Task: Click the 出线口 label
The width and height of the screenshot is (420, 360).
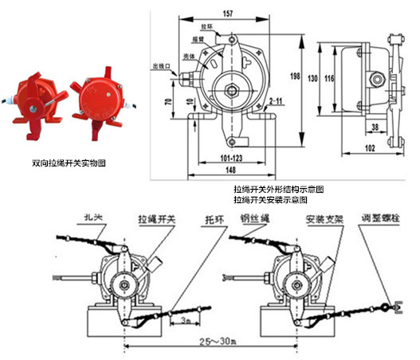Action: point(161,66)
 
